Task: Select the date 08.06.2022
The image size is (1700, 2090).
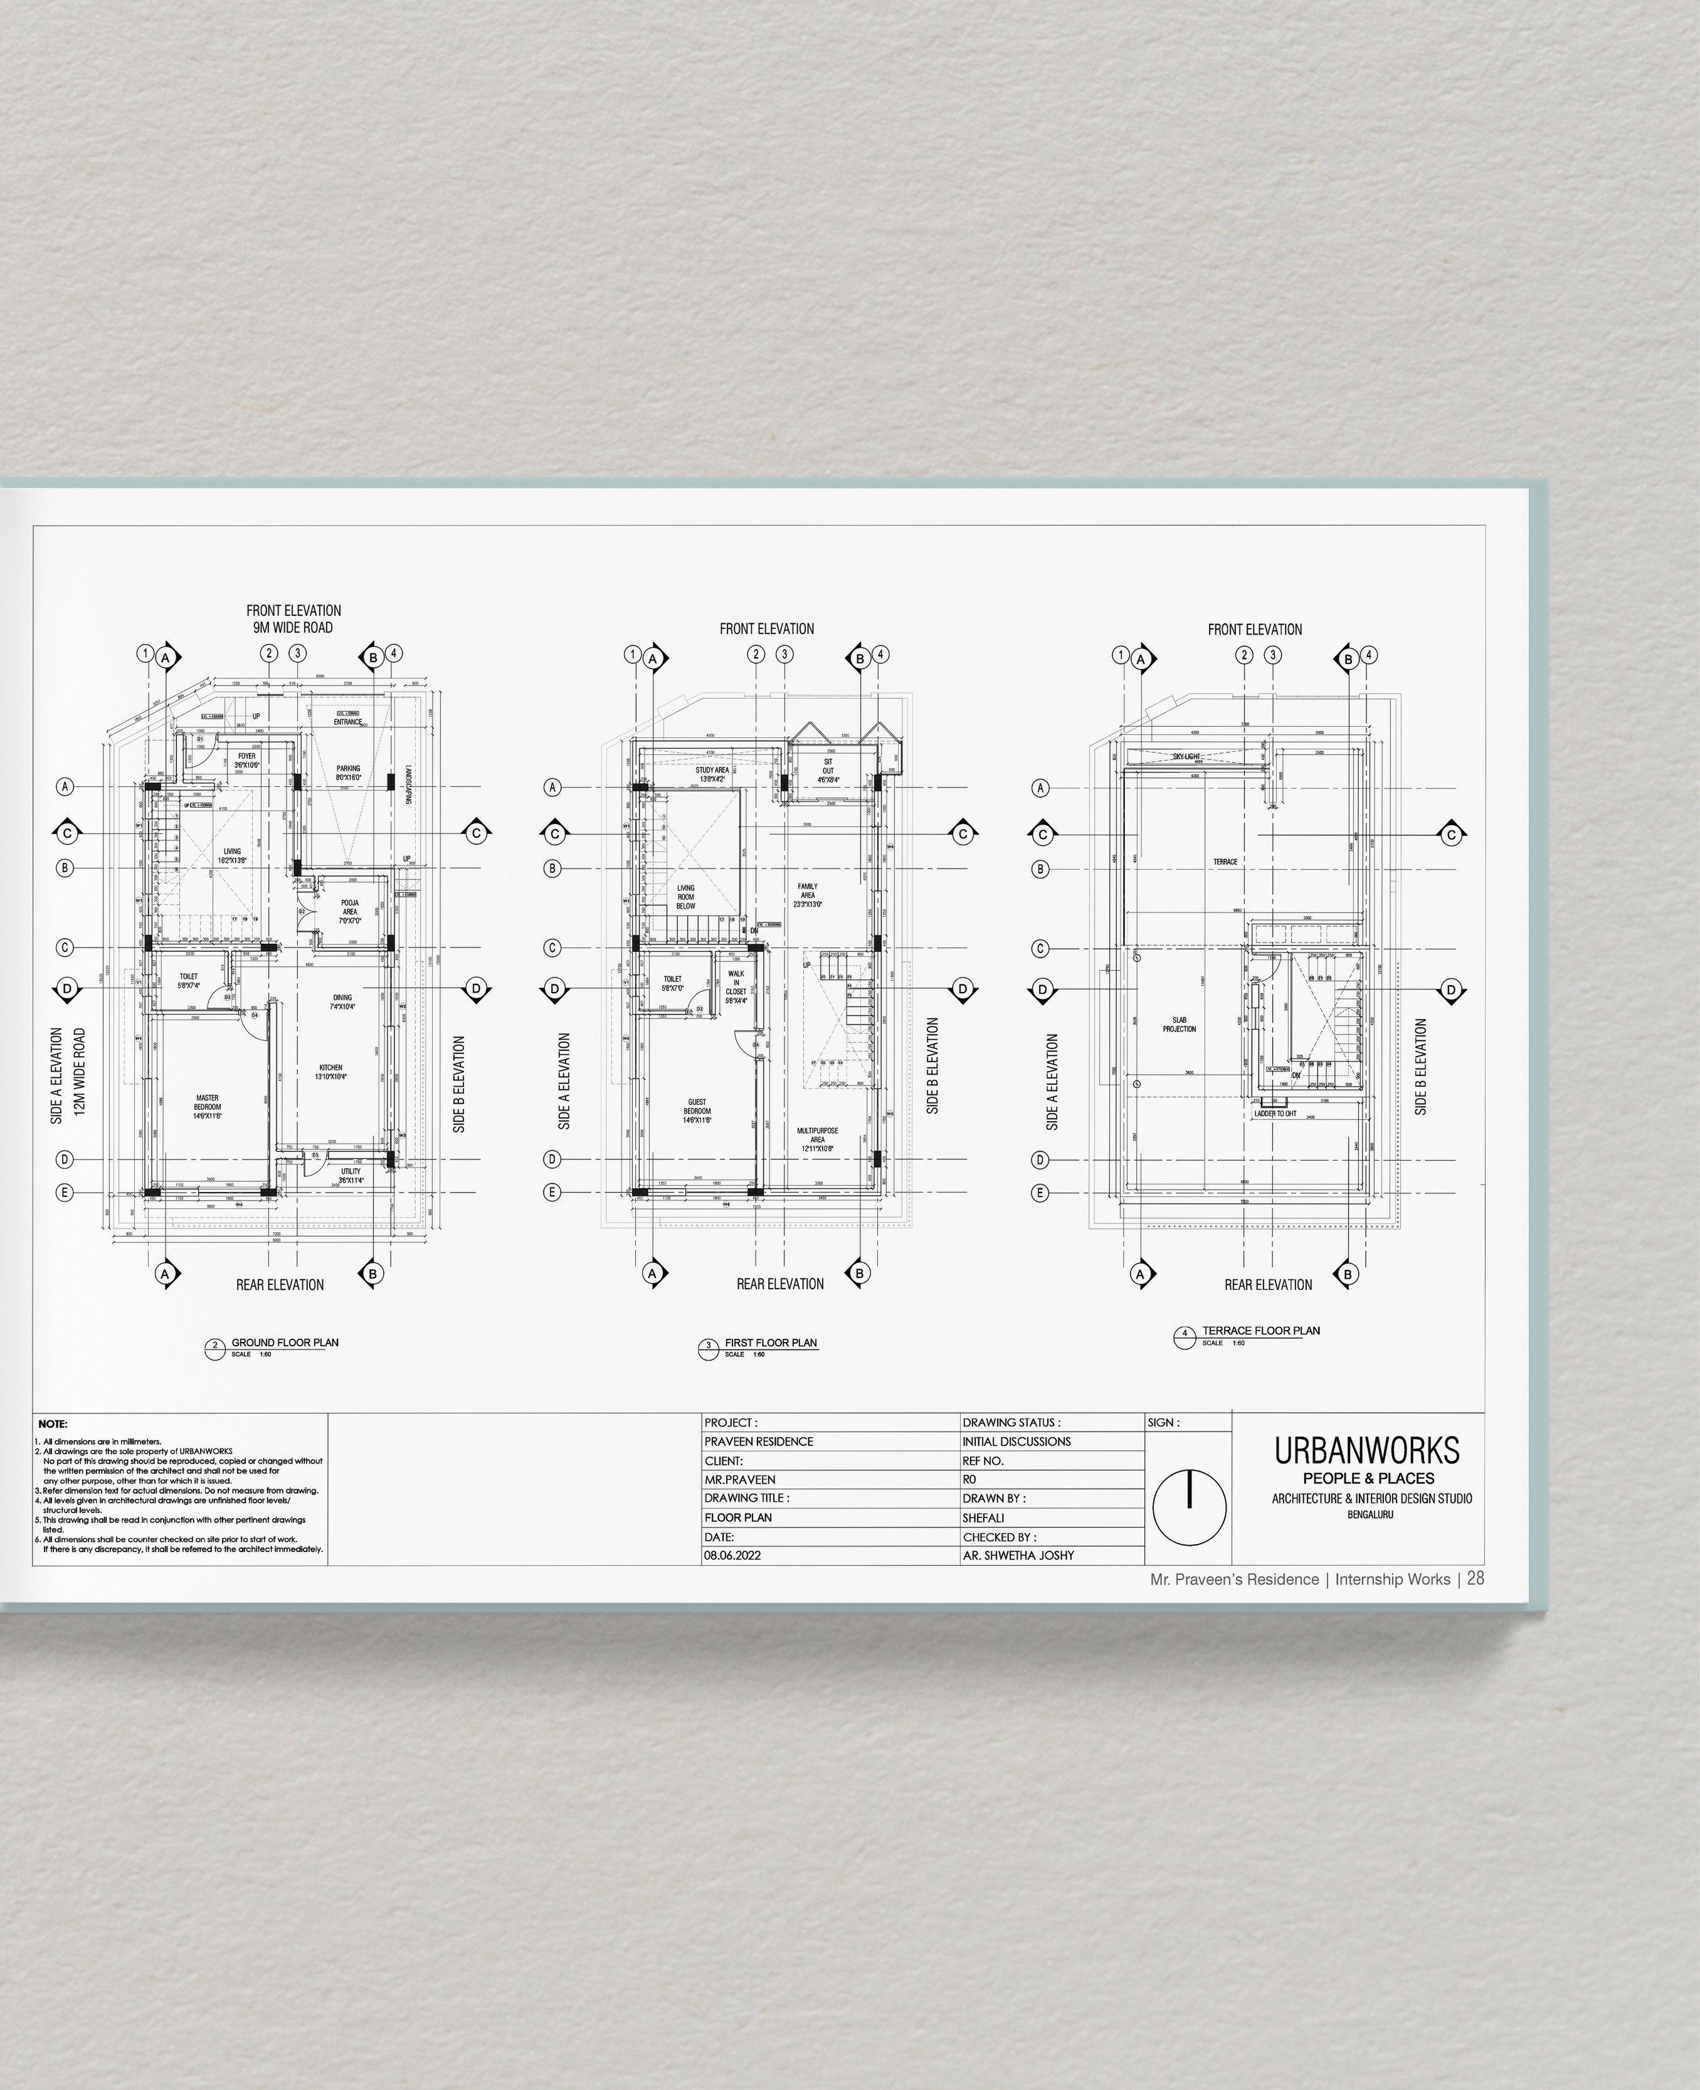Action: (x=732, y=1555)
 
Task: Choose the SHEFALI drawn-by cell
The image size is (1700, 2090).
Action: (x=983, y=1517)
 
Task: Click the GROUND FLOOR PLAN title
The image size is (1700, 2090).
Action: (x=284, y=1343)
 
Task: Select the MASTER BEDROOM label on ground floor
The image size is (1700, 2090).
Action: (x=208, y=1107)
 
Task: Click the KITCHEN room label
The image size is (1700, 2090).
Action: (x=331, y=1072)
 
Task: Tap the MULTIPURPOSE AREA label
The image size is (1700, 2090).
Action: (x=816, y=1139)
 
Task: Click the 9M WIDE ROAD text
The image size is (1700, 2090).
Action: (x=293, y=628)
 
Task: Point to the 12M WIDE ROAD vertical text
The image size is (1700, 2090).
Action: (x=80, y=1072)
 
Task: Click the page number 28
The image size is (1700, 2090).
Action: (x=1476, y=1579)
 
